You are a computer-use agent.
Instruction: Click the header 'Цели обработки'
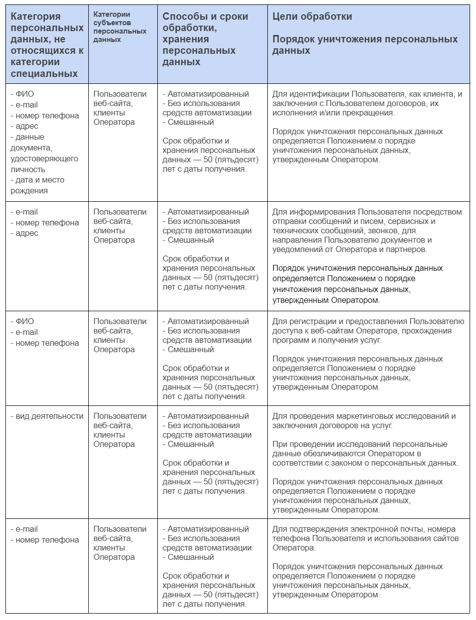[x=312, y=16]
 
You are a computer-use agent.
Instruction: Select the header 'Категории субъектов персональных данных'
[x=120, y=27]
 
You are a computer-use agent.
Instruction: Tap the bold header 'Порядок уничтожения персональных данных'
[x=365, y=44]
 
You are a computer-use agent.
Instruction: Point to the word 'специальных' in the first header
[x=44, y=73]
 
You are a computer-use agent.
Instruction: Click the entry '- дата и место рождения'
[x=37, y=185]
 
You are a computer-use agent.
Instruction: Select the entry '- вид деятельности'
[x=47, y=416]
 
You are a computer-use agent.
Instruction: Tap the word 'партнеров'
[x=403, y=249]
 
